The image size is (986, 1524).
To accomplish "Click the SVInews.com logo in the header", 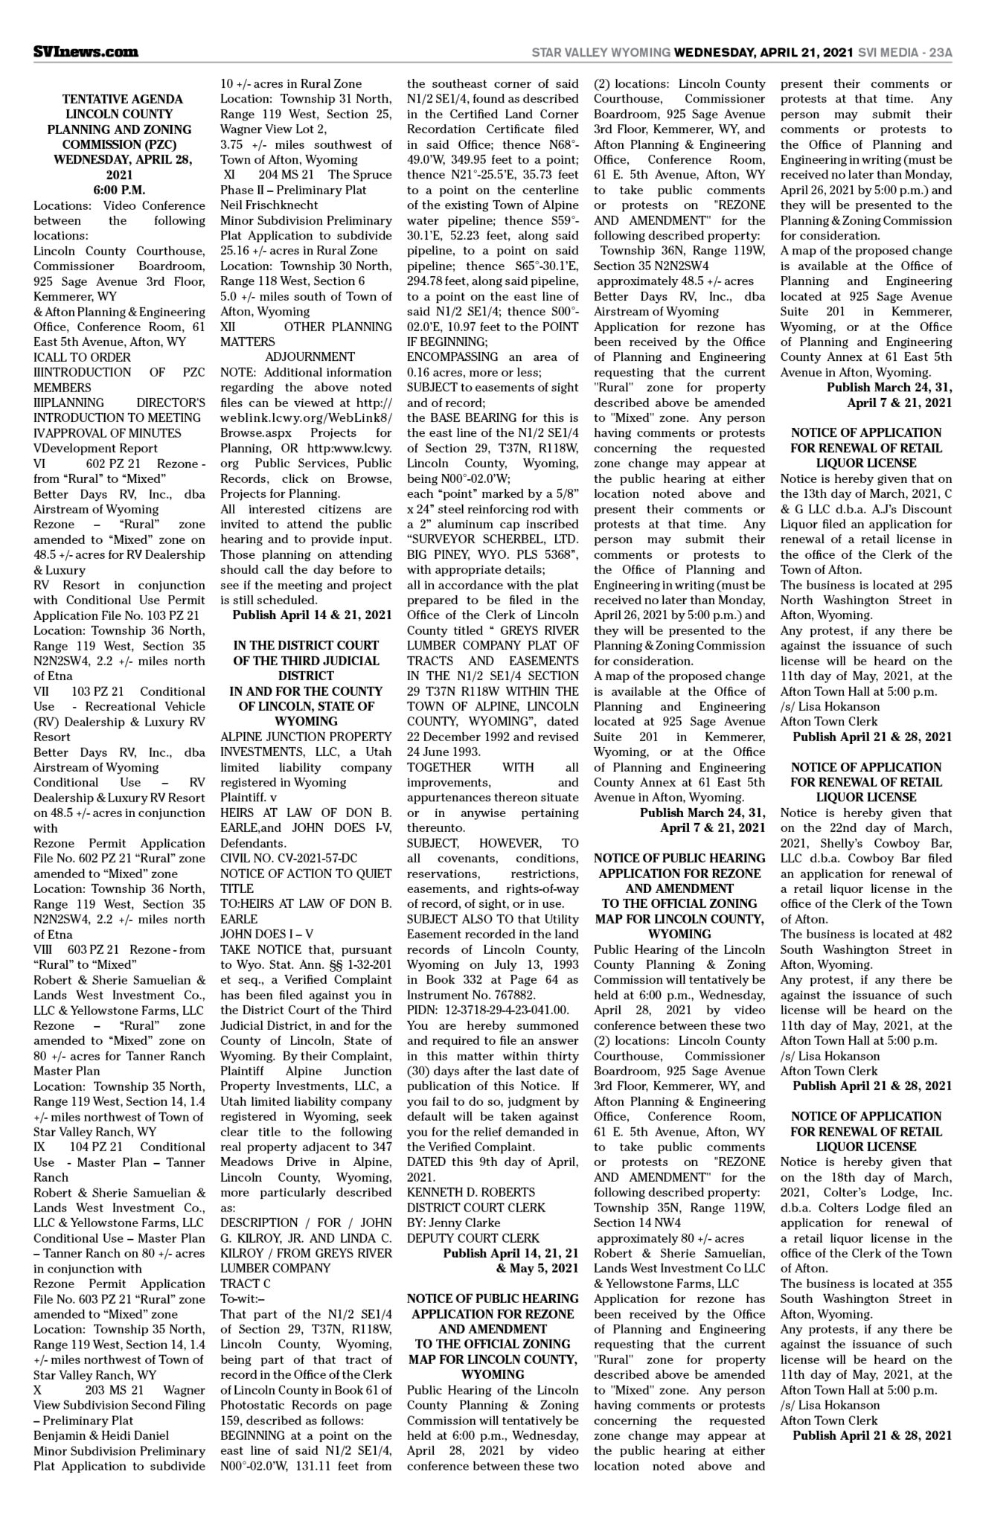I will [x=86, y=52].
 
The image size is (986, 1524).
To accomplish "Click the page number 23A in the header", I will [x=940, y=53].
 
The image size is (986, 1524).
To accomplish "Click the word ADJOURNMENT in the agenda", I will [x=310, y=356].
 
